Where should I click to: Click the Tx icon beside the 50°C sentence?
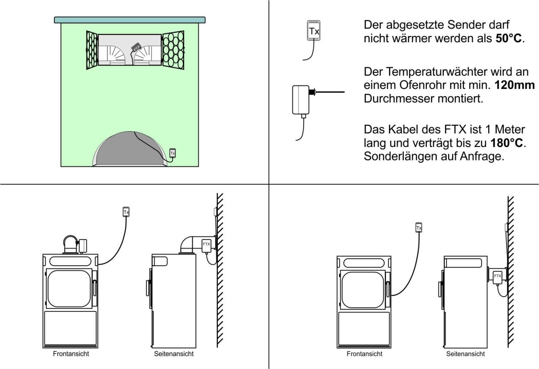tap(313, 31)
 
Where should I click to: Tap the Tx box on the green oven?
tap(172, 153)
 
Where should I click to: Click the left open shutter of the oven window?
tap(91, 50)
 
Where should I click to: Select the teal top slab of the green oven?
tap(130, 20)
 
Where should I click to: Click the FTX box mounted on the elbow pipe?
tap(207, 245)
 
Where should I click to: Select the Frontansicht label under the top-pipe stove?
tap(71, 354)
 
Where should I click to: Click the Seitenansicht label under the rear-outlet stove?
tap(465, 354)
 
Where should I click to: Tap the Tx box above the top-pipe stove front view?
tap(126, 212)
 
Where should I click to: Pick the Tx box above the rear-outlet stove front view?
tap(419, 227)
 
